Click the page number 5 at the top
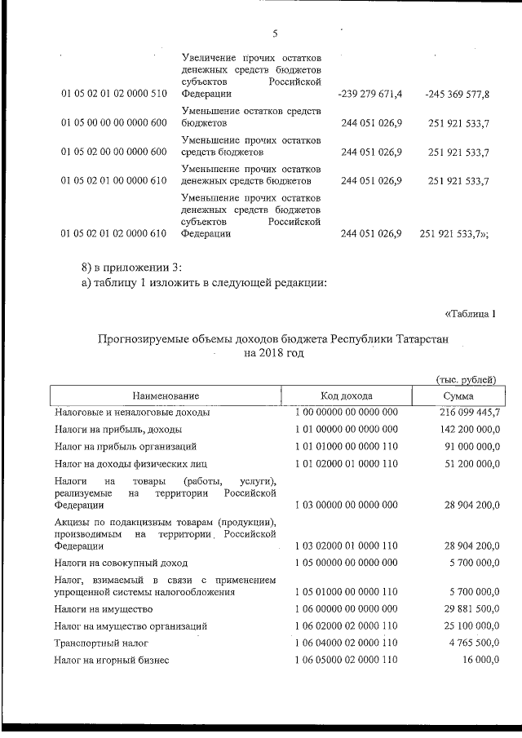[275, 33]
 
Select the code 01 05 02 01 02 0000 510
[113, 95]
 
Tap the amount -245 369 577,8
[457, 95]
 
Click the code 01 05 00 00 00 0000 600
[113, 123]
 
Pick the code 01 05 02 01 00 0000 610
[113, 181]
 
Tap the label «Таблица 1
[471, 313]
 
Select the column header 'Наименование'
[167, 396]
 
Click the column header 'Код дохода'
[346, 396]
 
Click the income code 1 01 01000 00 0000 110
[346, 447]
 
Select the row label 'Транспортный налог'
[102, 643]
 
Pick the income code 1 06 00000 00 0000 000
[346, 608]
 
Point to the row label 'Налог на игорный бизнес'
[112, 661]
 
